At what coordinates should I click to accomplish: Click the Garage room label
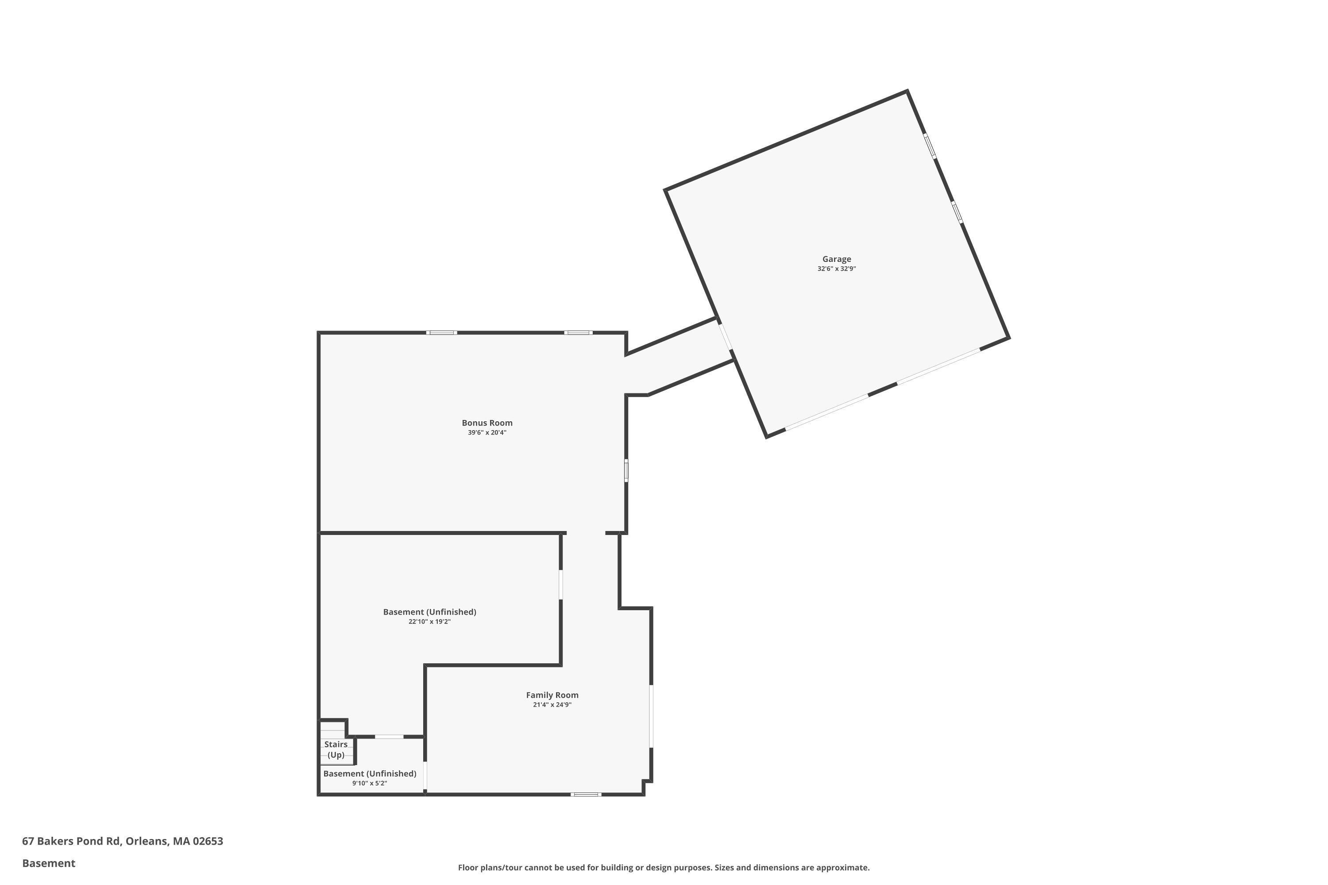click(x=836, y=259)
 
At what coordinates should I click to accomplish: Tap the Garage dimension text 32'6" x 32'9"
click(x=836, y=269)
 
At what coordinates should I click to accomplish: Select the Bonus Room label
click(x=486, y=423)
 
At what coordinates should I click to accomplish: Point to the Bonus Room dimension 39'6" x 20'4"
click(x=486, y=432)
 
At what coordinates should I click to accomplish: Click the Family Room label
click(x=552, y=695)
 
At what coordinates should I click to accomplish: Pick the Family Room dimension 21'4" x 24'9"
click(x=552, y=704)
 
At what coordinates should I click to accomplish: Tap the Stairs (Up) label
click(x=336, y=750)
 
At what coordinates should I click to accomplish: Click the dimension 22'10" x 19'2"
click(x=429, y=621)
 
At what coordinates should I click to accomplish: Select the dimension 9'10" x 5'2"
click(x=369, y=783)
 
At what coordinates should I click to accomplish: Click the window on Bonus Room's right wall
click(x=625, y=471)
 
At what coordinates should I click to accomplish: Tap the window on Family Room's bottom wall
click(x=586, y=794)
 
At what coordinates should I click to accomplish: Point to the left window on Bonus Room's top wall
click(x=441, y=332)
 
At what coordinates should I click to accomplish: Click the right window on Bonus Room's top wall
click(x=578, y=332)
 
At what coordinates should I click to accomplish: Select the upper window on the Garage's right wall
click(x=929, y=146)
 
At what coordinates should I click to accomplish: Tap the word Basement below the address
click(x=49, y=863)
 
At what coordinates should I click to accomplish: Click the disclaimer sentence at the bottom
click(x=664, y=867)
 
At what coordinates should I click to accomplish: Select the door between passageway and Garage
click(x=725, y=336)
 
